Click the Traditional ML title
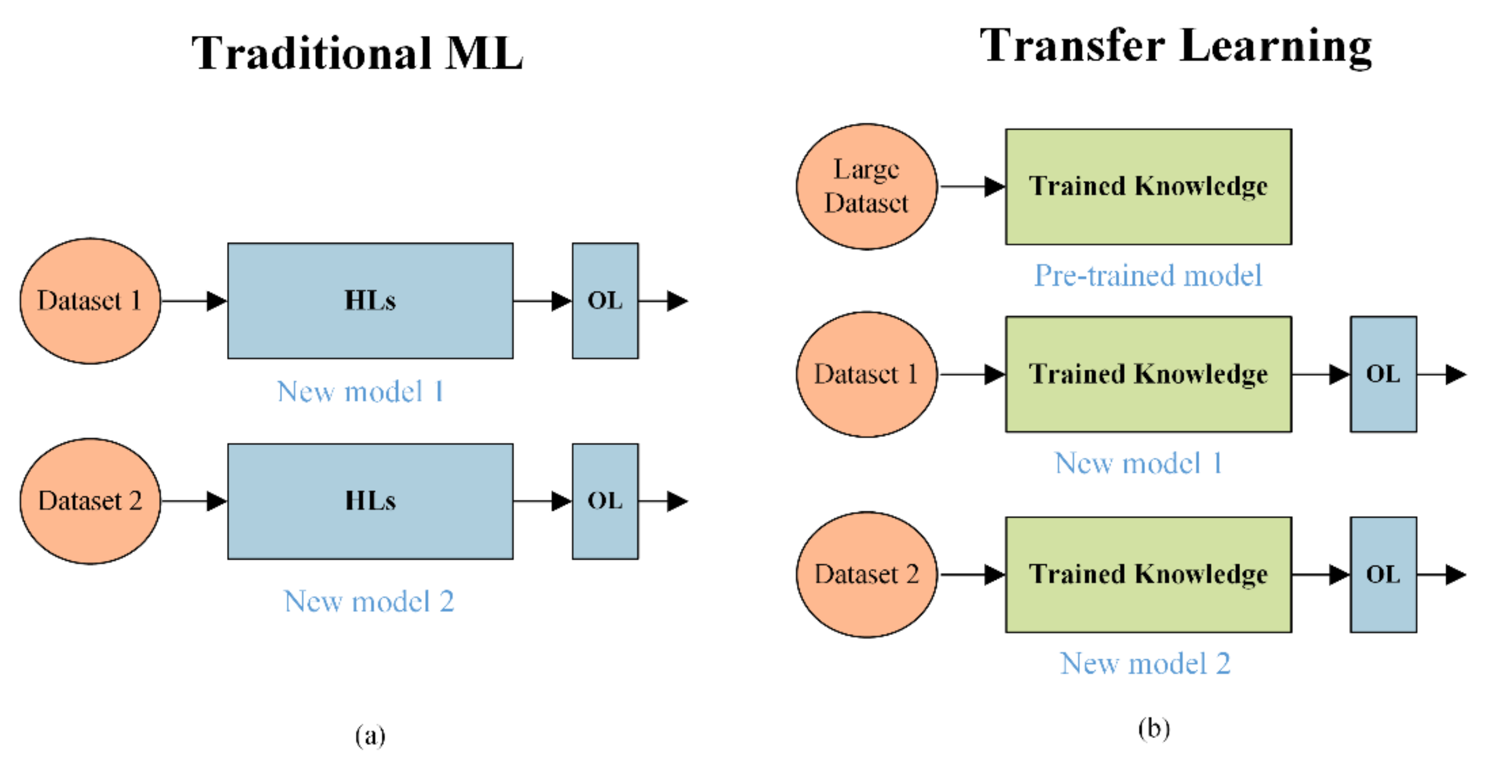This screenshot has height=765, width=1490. click(x=357, y=53)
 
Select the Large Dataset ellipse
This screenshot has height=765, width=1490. click(x=866, y=186)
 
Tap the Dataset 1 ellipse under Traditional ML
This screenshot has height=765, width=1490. click(x=90, y=301)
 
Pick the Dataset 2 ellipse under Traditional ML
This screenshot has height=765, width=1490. click(x=90, y=501)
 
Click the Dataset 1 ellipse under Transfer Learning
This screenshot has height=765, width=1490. click(x=866, y=375)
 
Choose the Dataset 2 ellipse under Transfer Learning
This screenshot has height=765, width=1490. click(x=866, y=575)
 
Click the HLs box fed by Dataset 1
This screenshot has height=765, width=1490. click(x=370, y=301)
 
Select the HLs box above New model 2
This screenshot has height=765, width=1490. click(x=370, y=501)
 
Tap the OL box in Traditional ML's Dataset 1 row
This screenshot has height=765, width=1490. click(x=605, y=301)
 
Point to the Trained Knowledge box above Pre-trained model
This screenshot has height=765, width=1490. click(x=1148, y=186)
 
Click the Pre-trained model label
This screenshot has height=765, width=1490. click(x=1148, y=275)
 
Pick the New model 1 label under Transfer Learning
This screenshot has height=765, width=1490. click(x=1138, y=463)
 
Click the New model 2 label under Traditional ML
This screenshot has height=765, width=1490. click(x=369, y=601)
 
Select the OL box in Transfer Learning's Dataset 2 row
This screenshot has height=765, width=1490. click(x=1383, y=575)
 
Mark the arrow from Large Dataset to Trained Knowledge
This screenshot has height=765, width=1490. click(x=972, y=186)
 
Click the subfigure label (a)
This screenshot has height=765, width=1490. click(x=370, y=735)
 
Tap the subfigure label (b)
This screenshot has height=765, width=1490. click(x=1154, y=728)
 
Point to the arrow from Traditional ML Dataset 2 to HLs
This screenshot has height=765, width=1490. click(x=194, y=501)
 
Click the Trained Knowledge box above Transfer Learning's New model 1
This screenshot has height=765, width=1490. click(x=1148, y=375)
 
